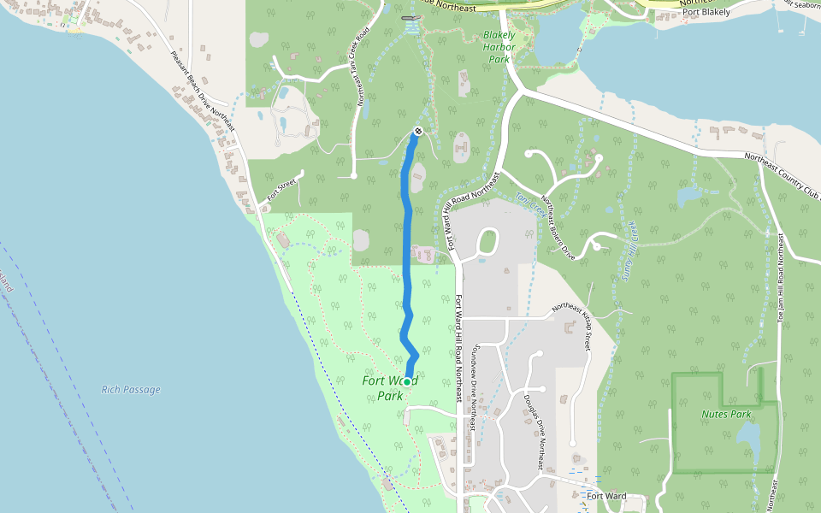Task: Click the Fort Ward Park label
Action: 390,388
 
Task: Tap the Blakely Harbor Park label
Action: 499,48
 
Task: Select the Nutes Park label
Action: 726,414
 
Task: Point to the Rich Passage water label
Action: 131,390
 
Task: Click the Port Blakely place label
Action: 706,12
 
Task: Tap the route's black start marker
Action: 418,131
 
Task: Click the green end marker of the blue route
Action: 407,380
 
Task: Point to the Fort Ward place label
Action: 606,496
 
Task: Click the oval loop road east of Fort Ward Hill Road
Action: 488,242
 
